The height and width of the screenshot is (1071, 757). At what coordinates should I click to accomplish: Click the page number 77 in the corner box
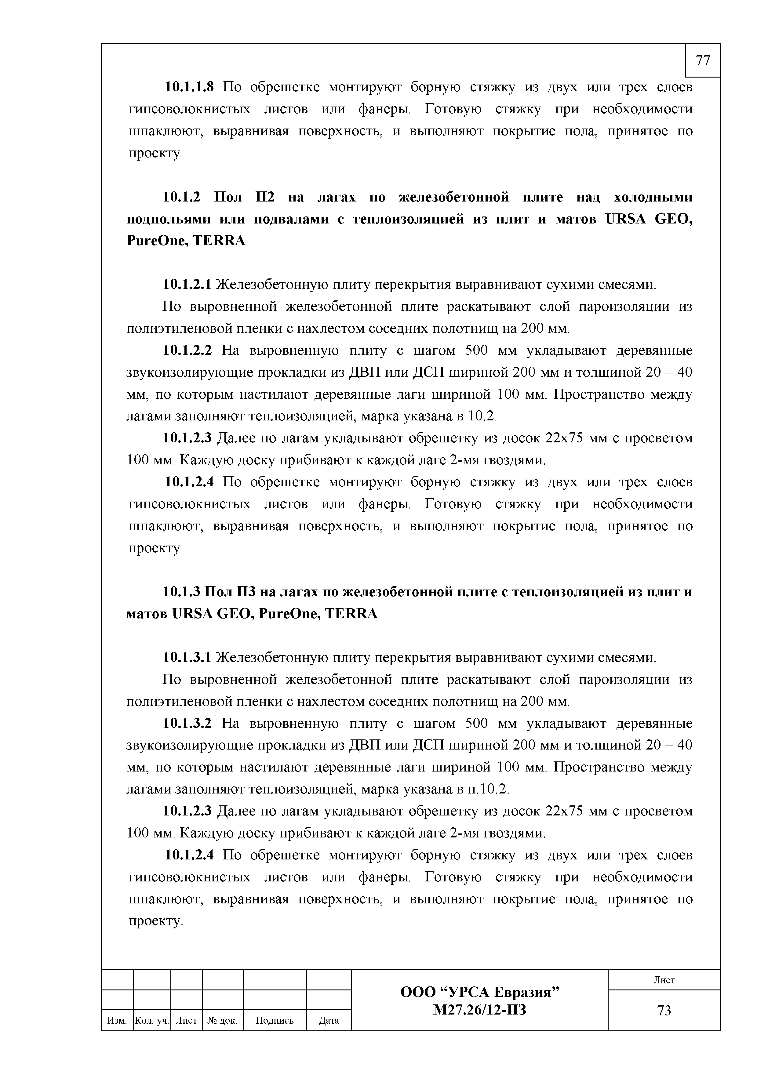click(x=702, y=61)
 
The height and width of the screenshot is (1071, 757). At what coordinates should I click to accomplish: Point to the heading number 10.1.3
click(x=181, y=592)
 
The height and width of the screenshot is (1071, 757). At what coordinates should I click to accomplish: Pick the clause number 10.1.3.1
click(x=187, y=658)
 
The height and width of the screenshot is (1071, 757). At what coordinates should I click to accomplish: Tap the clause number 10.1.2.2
click(x=187, y=350)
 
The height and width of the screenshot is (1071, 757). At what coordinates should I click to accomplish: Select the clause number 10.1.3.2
click(x=187, y=724)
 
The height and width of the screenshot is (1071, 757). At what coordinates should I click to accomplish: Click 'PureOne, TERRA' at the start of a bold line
click(x=186, y=241)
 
